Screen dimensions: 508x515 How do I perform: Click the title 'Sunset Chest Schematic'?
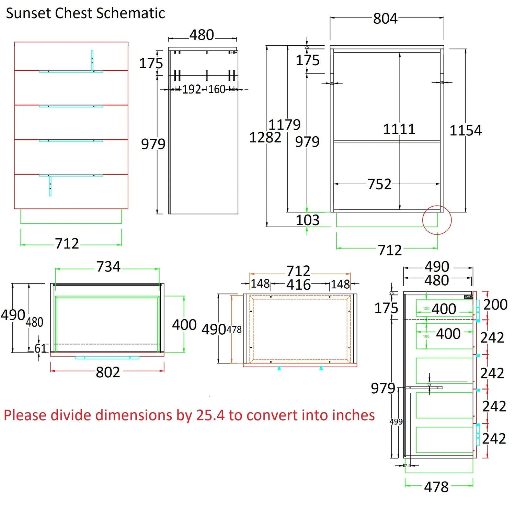85,13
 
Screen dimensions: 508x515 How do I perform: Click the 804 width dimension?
385,19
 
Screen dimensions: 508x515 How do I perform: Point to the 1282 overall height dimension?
265,138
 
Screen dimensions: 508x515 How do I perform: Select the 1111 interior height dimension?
399,129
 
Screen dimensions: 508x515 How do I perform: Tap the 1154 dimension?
466,130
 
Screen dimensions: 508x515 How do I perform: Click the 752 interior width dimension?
379,184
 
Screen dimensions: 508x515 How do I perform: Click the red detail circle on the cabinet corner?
437,220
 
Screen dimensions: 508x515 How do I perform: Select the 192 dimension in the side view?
191,90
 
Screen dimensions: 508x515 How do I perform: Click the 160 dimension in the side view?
217,90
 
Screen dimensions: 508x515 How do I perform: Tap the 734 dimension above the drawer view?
108,267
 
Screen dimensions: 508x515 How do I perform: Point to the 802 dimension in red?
108,372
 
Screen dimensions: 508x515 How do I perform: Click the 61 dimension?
41,348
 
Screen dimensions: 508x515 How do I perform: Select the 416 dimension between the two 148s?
298,285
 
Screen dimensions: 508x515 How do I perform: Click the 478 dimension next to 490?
234,330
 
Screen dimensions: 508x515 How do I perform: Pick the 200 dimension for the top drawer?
495,304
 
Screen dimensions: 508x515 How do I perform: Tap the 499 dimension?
396,422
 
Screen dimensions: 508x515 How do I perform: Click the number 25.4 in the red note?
210,415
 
